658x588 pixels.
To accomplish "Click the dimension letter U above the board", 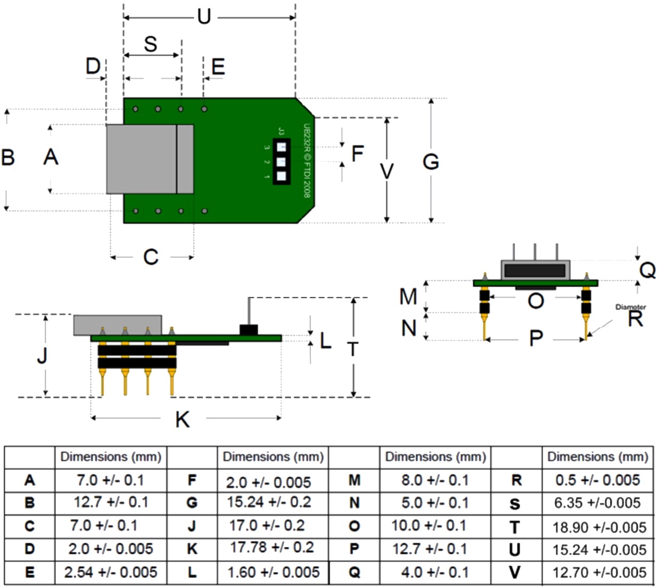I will pos(204,17).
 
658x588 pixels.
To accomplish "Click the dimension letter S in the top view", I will pos(151,44).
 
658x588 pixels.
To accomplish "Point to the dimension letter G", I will pos(431,162).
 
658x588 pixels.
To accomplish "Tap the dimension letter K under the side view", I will pos(183,420).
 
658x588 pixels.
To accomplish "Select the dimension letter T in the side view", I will pos(353,349).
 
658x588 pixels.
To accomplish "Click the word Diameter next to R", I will pos(630,307).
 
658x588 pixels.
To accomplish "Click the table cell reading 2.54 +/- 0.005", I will pos(111,573).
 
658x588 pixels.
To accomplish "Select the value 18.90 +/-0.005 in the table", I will pos(599,527).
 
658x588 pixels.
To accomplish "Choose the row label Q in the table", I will pos(355,573).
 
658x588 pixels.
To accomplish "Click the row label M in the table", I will pos(355,480).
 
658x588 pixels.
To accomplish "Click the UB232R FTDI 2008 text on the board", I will pos(307,160).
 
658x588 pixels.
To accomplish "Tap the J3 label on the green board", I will pos(281,131).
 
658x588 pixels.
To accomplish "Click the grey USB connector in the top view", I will pos(149,159).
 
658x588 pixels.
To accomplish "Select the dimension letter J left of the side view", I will pos(42,355).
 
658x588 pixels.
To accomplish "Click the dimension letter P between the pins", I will pos(536,338).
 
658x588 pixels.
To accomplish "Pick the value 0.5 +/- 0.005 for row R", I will pos(597,480).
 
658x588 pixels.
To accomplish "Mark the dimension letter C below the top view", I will pos(151,257).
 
